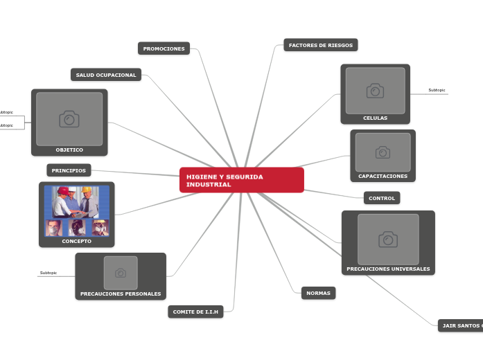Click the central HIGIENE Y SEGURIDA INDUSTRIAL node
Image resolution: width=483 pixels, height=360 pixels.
coord(241,180)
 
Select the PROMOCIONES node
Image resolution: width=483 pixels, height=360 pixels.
coord(164,48)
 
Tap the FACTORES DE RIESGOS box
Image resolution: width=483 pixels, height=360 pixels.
coord(320,45)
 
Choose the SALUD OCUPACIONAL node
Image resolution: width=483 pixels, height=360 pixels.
coord(106,75)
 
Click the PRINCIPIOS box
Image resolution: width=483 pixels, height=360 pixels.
coord(69,170)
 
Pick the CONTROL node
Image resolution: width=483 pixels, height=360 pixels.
coord(382,199)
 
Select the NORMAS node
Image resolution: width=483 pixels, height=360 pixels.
coord(319,293)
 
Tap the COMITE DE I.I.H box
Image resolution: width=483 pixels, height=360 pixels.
coord(195,312)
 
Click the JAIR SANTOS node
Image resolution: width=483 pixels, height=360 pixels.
coord(461,325)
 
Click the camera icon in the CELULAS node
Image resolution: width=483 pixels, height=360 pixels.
coord(375,91)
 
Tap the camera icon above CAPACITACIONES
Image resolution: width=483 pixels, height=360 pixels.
coord(383,152)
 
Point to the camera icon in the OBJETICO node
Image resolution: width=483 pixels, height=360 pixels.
coord(69,119)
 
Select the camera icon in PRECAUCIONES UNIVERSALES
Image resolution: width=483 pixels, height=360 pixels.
coord(388,240)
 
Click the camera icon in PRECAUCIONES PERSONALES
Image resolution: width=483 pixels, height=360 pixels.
coord(121,273)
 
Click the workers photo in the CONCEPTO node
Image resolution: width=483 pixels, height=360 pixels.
coord(76,210)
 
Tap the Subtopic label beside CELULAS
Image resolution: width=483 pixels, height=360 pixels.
coord(437,90)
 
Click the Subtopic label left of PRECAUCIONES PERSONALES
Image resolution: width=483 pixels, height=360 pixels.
coord(49,273)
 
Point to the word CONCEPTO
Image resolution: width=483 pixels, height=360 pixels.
coord(76,242)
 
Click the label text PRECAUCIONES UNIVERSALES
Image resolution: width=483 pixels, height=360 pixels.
coord(388,269)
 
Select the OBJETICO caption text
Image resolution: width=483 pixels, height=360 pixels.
coord(69,150)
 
